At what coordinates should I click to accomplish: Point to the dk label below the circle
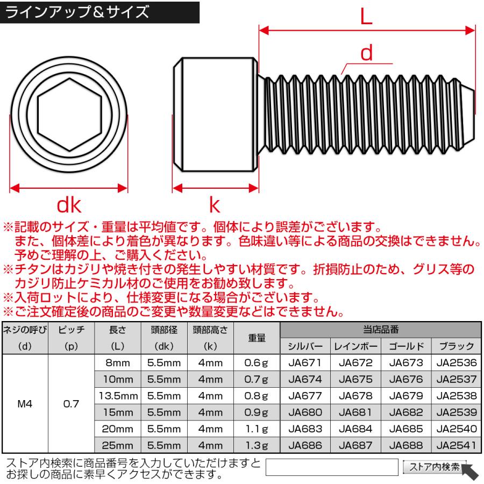click(x=69, y=205)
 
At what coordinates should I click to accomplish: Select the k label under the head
click(x=215, y=205)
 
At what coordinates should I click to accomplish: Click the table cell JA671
click(x=305, y=363)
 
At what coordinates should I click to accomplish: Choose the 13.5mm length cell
click(x=117, y=396)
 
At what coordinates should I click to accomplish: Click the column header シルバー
click(x=305, y=346)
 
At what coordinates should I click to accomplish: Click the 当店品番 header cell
click(x=381, y=330)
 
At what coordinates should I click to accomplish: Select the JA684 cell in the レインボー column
click(x=355, y=429)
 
